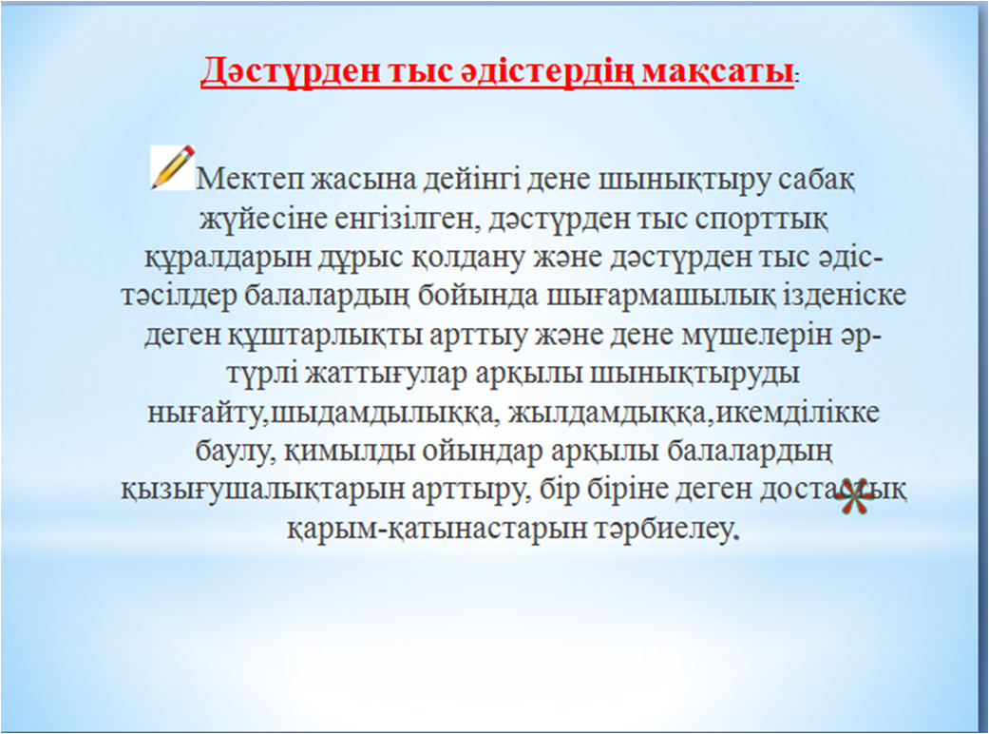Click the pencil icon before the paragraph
[172, 167]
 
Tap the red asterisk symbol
[854, 496]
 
